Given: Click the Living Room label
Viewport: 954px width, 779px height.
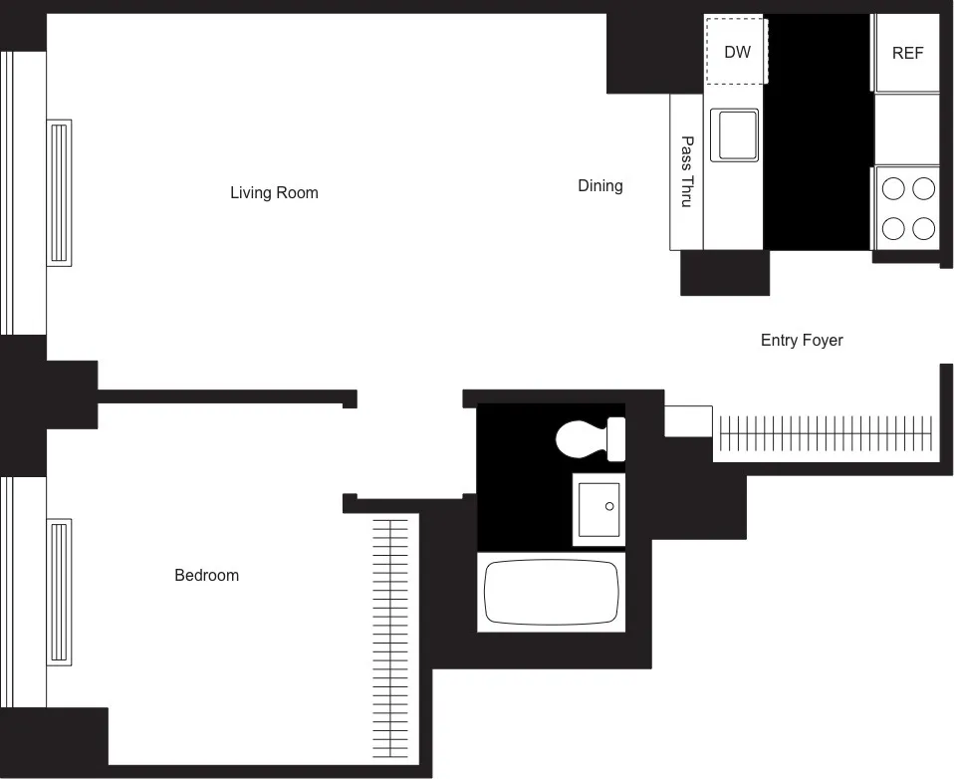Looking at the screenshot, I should [274, 192].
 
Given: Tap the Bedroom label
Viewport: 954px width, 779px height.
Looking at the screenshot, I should [206, 575].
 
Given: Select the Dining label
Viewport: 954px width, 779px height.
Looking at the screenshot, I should [599, 185].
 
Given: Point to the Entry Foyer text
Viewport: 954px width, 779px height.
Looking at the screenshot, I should [801, 340].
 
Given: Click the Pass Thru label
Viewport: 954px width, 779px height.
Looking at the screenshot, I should [686, 171].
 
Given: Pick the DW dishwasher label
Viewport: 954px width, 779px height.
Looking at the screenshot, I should [737, 52].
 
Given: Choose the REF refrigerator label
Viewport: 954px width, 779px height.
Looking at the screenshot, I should [907, 53].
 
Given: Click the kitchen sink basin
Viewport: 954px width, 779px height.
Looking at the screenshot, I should [734, 134].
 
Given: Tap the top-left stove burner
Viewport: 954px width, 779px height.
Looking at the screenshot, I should [893, 188].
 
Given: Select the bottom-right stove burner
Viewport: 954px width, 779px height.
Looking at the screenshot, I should [924, 228].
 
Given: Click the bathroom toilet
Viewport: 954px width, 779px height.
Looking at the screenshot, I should [583, 438].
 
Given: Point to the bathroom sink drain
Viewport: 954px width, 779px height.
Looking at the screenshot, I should [609, 507].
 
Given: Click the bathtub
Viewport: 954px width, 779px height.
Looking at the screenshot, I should [552, 592].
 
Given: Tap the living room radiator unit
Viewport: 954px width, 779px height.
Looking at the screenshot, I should [59, 191].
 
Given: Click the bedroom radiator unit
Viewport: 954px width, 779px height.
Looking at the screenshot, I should [59, 592].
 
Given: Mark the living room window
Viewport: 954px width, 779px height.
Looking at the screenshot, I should [8, 191].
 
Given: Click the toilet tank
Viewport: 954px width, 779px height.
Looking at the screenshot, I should [616, 438].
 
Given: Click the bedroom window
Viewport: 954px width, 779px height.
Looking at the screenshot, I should [8, 592].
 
